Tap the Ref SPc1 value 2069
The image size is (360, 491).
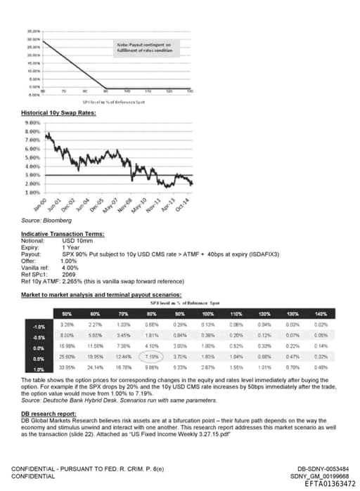click(69, 273)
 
